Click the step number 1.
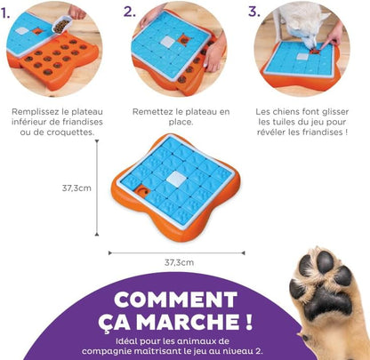pyautogui.click(x=11, y=13)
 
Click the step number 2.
pyautogui.click(x=130, y=13)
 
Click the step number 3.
pyautogui.click(x=253, y=13)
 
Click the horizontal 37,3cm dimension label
pyautogui.click(x=180, y=262)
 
